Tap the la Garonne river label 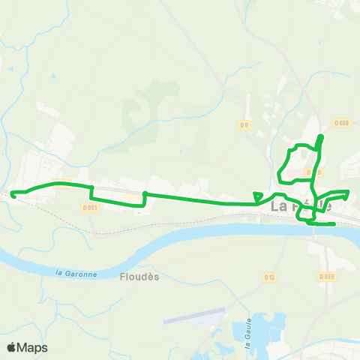click(x=77, y=274)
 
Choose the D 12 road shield click(x=270, y=277)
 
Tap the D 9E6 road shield click(x=326, y=276)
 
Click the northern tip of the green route click(x=321, y=136)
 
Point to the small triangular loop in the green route click(x=258, y=196)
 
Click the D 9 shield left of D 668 click(x=244, y=124)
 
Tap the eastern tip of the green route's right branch click(x=349, y=192)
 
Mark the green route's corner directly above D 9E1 click(x=91, y=187)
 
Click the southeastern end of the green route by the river click(x=333, y=223)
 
